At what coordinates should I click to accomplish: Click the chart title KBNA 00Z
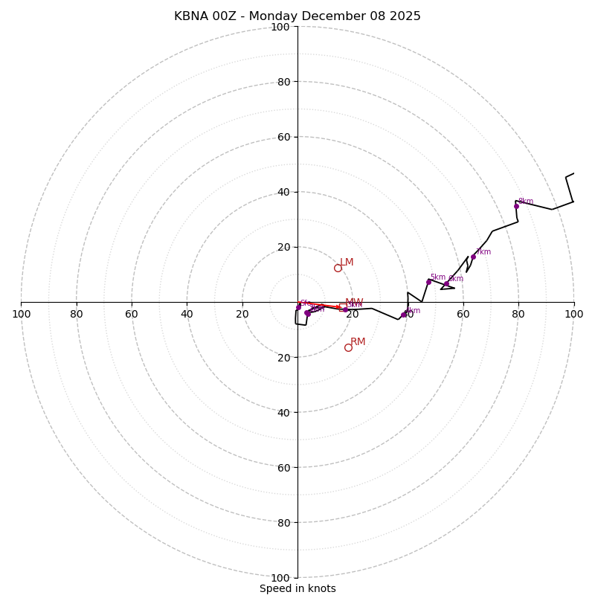297,16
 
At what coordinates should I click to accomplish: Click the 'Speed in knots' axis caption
297,588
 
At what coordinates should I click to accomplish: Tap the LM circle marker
338,268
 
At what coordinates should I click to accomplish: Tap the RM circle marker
348,347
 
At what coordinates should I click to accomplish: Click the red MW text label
354,303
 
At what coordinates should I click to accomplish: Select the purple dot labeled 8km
516,206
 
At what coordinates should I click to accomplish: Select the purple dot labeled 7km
473,257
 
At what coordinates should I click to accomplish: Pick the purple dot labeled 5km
428,282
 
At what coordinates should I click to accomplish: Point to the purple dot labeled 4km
404,315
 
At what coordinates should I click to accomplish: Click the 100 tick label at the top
280,27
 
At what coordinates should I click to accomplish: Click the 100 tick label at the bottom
280,577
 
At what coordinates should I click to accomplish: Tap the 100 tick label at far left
21,314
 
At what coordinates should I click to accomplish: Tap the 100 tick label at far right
573,314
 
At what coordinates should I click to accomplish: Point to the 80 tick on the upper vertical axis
283,82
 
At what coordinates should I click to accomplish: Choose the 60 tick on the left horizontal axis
132,314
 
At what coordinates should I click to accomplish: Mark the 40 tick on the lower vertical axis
283,412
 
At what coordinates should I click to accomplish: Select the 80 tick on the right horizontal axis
518,314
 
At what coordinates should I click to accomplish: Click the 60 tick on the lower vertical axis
283,467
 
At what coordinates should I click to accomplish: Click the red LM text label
347,263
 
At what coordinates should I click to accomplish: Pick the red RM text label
358,342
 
